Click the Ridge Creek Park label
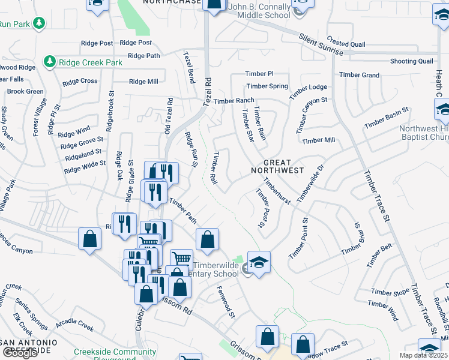(x=90, y=62)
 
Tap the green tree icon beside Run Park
(x=40, y=23)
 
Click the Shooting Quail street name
(x=411, y=61)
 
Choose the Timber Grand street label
(x=359, y=75)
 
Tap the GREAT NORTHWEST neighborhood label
(x=283, y=166)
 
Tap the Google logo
(x=20, y=353)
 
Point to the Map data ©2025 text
(x=424, y=355)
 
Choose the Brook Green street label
(x=25, y=91)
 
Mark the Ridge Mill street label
(x=143, y=82)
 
